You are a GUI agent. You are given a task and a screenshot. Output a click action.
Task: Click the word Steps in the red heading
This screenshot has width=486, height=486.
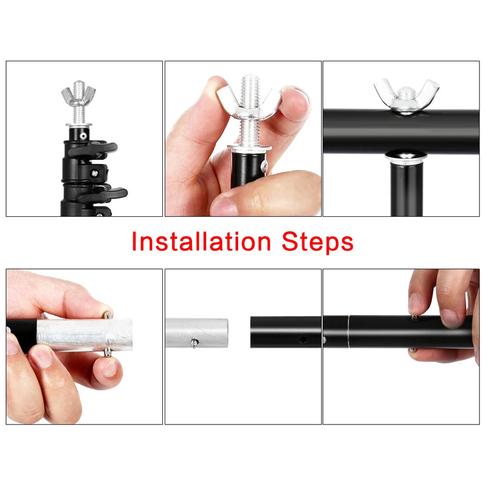pos(318,242)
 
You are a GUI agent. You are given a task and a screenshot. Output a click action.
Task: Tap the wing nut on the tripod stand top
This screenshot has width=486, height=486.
pos(78,95)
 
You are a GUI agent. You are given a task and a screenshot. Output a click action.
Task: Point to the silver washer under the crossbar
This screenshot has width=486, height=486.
pos(405,156)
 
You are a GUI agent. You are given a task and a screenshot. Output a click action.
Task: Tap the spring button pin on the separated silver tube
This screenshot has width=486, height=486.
pos(194,344)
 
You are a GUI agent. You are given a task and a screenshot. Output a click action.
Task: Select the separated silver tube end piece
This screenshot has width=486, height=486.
pos(196,333)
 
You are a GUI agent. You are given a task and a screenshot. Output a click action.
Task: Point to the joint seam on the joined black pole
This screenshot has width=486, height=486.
pos(349,331)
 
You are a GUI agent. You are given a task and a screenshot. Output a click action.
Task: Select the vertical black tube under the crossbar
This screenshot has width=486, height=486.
pos(406,188)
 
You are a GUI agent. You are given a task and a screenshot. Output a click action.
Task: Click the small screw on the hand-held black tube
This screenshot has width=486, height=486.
pos(262,165)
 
